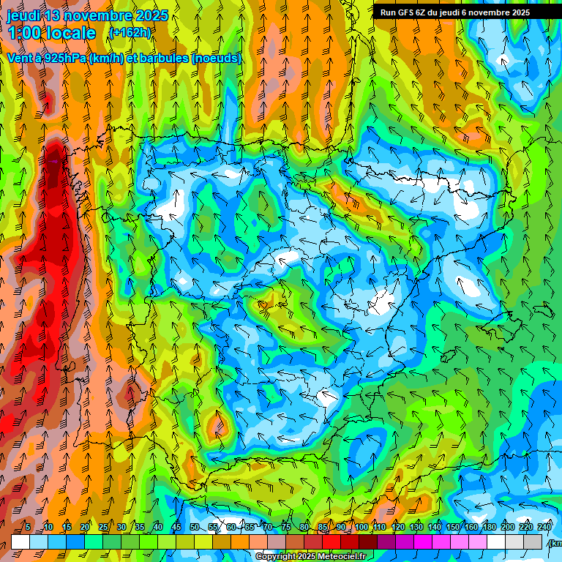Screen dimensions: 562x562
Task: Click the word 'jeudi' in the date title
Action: click(23, 16)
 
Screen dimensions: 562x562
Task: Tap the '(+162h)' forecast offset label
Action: click(130, 33)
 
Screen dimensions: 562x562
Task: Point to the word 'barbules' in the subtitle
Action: click(163, 59)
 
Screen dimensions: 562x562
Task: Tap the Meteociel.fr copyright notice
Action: click(310, 557)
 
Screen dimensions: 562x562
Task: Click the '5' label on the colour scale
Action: click(27, 528)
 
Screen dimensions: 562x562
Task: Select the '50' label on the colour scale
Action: click(195, 528)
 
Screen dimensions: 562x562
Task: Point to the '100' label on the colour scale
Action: click(361, 528)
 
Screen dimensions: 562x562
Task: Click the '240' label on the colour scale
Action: click(544, 528)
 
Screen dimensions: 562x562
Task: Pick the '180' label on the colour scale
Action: click(489, 528)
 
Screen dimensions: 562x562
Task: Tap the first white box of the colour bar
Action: click(20, 542)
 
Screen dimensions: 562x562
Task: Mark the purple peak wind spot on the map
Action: click(53, 160)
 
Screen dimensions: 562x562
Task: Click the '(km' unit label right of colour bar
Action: click(555, 543)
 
